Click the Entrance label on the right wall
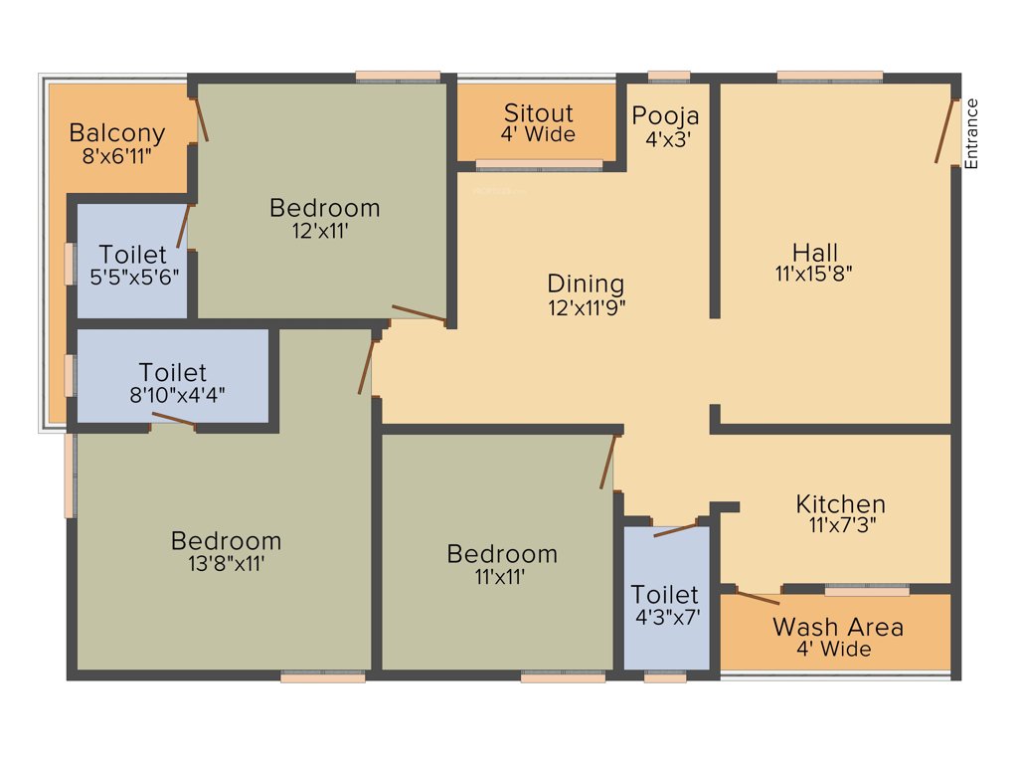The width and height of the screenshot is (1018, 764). pyautogui.click(x=972, y=133)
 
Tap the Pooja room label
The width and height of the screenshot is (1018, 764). pyautogui.click(x=666, y=115)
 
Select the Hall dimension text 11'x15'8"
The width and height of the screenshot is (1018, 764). pyautogui.click(x=815, y=274)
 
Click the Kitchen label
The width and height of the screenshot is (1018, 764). pyautogui.click(x=840, y=504)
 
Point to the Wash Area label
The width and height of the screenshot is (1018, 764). pyautogui.click(x=838, y=627)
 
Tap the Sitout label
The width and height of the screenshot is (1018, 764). pyautogui.click(x=538, y=112)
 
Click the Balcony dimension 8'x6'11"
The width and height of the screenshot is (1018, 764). pyautogui.click(x=117, y=155)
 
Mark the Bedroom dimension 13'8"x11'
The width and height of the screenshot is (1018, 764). pyautogui.click(x=226, y=562)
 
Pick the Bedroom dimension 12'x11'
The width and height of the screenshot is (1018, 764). pyautogui.click(x=324, y=230)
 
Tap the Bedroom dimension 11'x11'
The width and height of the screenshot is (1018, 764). pyautogui.click(x=501, y=575)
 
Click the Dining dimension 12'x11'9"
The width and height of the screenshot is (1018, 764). pyautogui.click(x=587, y=307)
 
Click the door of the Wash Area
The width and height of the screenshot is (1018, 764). pyautogui.click(x=751, y=597)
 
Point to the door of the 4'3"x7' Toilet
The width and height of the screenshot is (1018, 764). pyautogui.click(x=676, y=528)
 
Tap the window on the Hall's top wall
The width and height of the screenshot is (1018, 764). pyautogui.click(x=829, y=76)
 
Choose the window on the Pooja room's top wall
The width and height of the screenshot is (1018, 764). pyautogui.click(x=668, y=76)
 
